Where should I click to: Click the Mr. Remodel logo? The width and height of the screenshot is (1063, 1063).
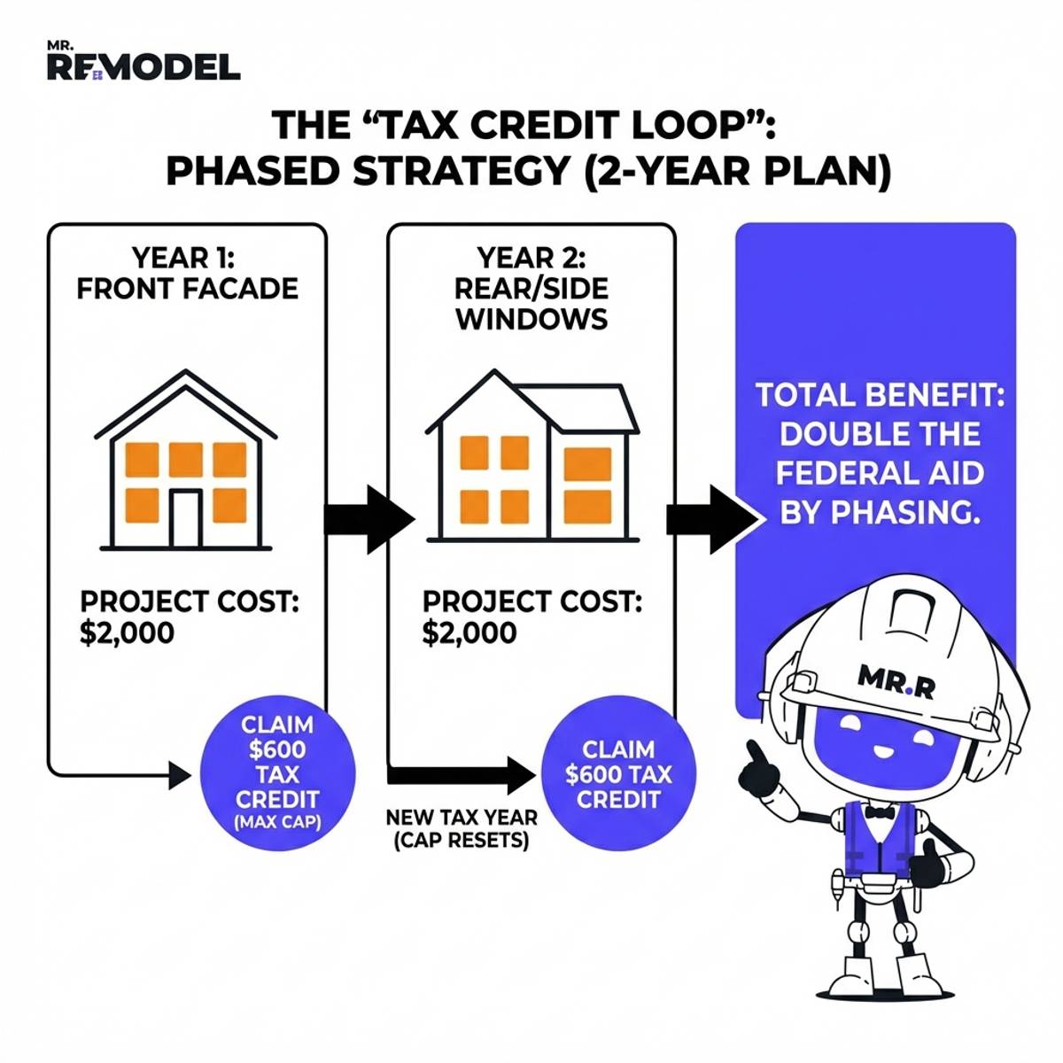coord(143,62)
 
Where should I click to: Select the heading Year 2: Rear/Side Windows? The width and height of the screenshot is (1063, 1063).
coord(531,288)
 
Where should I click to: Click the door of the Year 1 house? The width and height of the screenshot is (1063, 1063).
coord(186,518)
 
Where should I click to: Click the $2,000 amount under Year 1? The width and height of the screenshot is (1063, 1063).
coord(127,633)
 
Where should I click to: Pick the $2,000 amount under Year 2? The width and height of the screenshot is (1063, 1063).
coord(469,633)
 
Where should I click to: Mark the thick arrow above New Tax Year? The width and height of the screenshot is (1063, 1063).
coord(461,776)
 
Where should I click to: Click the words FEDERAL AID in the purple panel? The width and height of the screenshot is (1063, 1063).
coord(880,473)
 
